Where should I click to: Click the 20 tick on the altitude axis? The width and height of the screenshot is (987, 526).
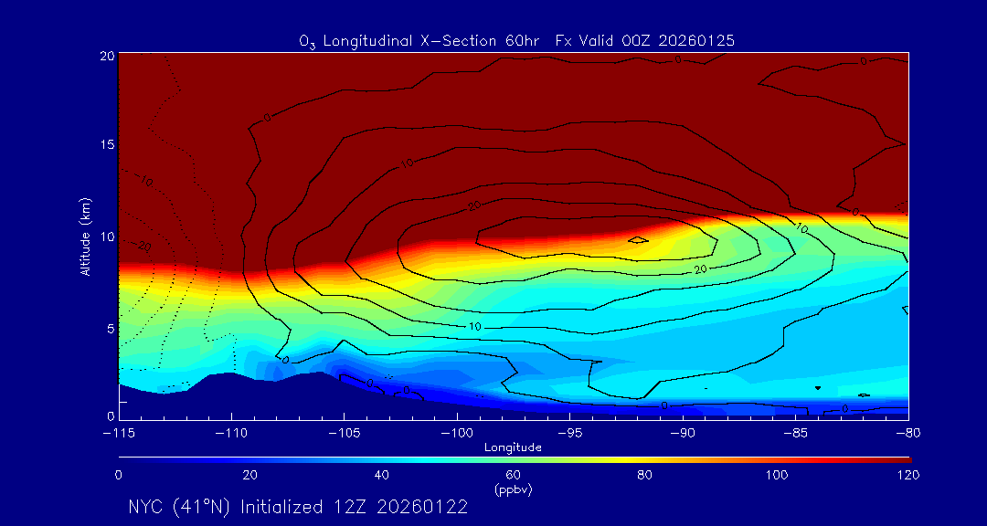tap(106, 56)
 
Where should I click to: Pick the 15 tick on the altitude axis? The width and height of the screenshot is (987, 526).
tap(106, 145)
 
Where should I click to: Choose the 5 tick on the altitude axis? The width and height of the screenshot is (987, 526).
tap(110, 327)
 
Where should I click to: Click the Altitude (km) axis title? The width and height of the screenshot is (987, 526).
tap(85, 237)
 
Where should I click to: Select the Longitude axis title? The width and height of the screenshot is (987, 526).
tap(513, 447)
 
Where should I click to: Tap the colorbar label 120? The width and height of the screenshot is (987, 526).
tap(908, 475)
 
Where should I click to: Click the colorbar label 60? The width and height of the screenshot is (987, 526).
tap(513, 475)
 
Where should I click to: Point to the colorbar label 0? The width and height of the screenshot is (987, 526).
tap(119, 475)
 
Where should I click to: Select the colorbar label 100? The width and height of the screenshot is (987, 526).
tap(777, 475)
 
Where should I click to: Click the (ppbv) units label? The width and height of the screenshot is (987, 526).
tap(513, 489)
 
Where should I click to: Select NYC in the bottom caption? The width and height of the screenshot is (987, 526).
tap(145, 507)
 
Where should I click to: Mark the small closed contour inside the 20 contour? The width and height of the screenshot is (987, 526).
tap(638, 240)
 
